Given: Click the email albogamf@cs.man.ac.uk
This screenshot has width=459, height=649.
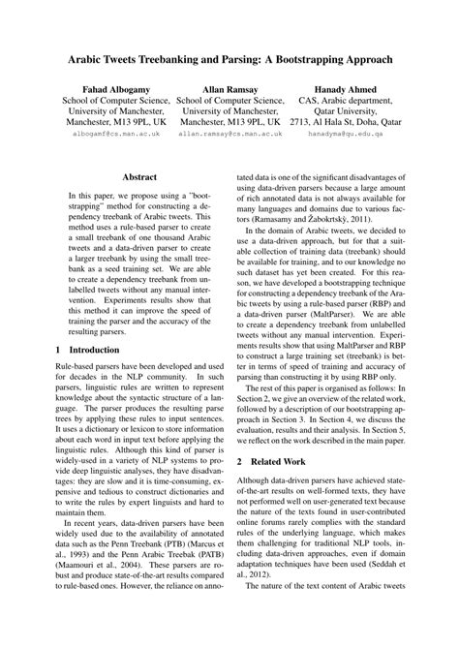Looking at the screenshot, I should (x=114, y=137).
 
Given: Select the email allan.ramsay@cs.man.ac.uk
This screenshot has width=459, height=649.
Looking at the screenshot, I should (x=229, y=137).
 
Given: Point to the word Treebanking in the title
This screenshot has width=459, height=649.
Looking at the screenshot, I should (x=172, y=59).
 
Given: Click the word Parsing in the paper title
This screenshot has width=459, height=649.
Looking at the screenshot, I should (x=241, y=59).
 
